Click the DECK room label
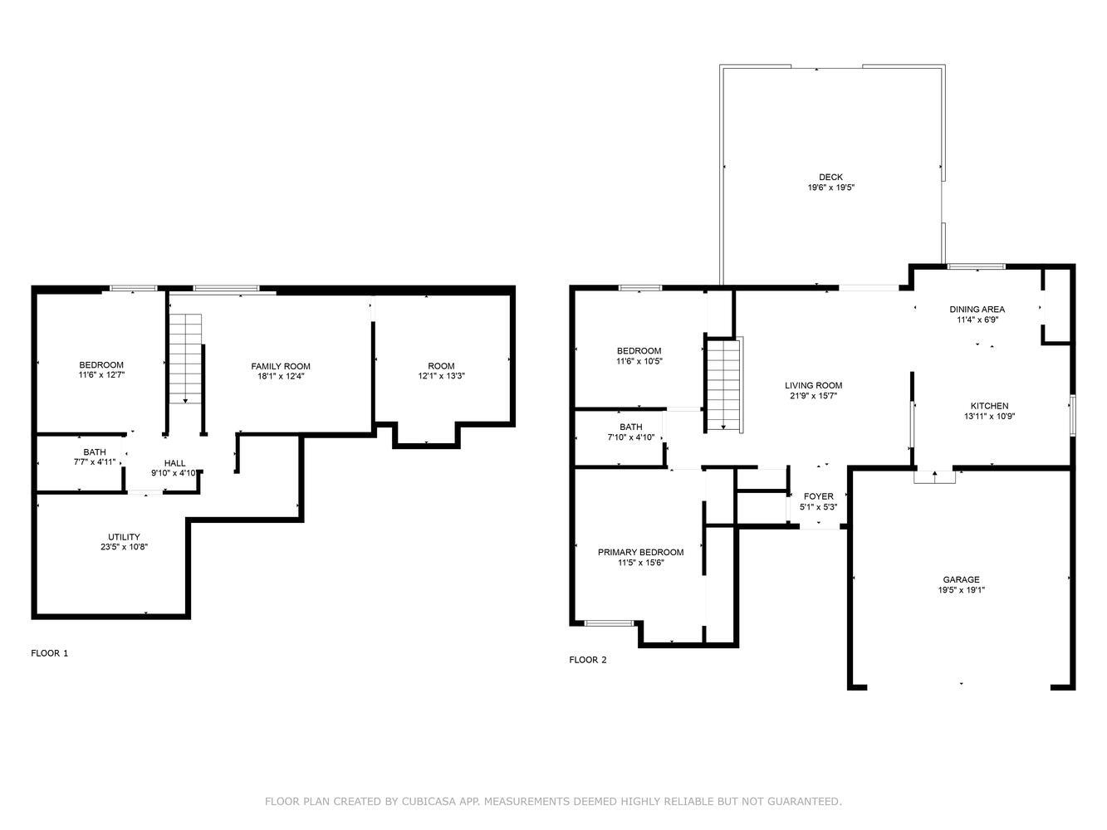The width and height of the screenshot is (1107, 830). (x=830, y=177)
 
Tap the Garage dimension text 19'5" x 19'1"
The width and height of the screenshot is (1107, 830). (x=961, y=589)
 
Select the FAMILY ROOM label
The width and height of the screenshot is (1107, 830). (x=281, y=366)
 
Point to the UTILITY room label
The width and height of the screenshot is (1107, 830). (x=124, y=537)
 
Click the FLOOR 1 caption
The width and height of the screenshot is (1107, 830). (x=50, y=653)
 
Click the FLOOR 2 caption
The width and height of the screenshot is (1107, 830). (x=588, y=660)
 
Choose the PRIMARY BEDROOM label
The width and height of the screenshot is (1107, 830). (x=640, y=552)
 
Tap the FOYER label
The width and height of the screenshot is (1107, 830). (x=819, y=496)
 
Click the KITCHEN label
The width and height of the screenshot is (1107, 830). (x=990, y=406)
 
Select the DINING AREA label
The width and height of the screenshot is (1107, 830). (x=977, y=310)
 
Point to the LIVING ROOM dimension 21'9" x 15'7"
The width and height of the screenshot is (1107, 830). (x=814, y=396)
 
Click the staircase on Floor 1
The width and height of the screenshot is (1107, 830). (x=185, y=359)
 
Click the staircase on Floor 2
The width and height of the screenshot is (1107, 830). (x=723, y=385)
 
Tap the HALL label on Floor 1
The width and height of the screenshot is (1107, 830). (x=174, y=463)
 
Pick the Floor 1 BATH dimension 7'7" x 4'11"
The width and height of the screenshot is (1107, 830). (x=95, y=461)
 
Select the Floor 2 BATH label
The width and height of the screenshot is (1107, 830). (x=631, y=427)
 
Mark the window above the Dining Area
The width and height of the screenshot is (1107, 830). (x=977, y=266)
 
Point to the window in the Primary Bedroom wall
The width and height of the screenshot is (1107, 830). (x=610, y=623)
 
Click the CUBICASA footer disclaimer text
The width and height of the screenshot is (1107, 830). (x=553, y=801)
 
